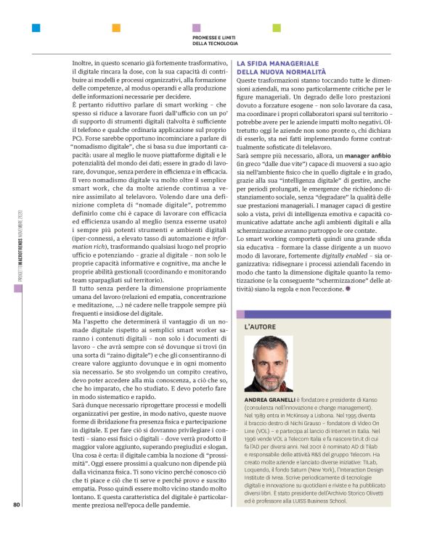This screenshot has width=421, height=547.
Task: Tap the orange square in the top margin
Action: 116,28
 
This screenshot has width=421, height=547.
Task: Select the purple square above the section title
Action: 196,28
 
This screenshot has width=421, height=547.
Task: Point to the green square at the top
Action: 276,28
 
